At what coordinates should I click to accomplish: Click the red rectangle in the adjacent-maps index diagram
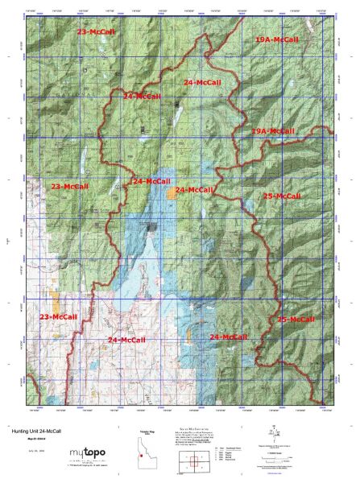click(192, 463)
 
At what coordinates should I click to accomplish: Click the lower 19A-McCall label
click(272, 130)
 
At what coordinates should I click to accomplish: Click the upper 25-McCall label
click(282, 196)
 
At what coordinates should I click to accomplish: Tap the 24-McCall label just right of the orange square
click(194, 190)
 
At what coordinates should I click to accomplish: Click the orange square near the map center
click(172, 192)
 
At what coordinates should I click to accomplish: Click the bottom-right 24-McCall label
click(227, 336)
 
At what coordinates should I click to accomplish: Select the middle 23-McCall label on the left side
click(70, 186)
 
